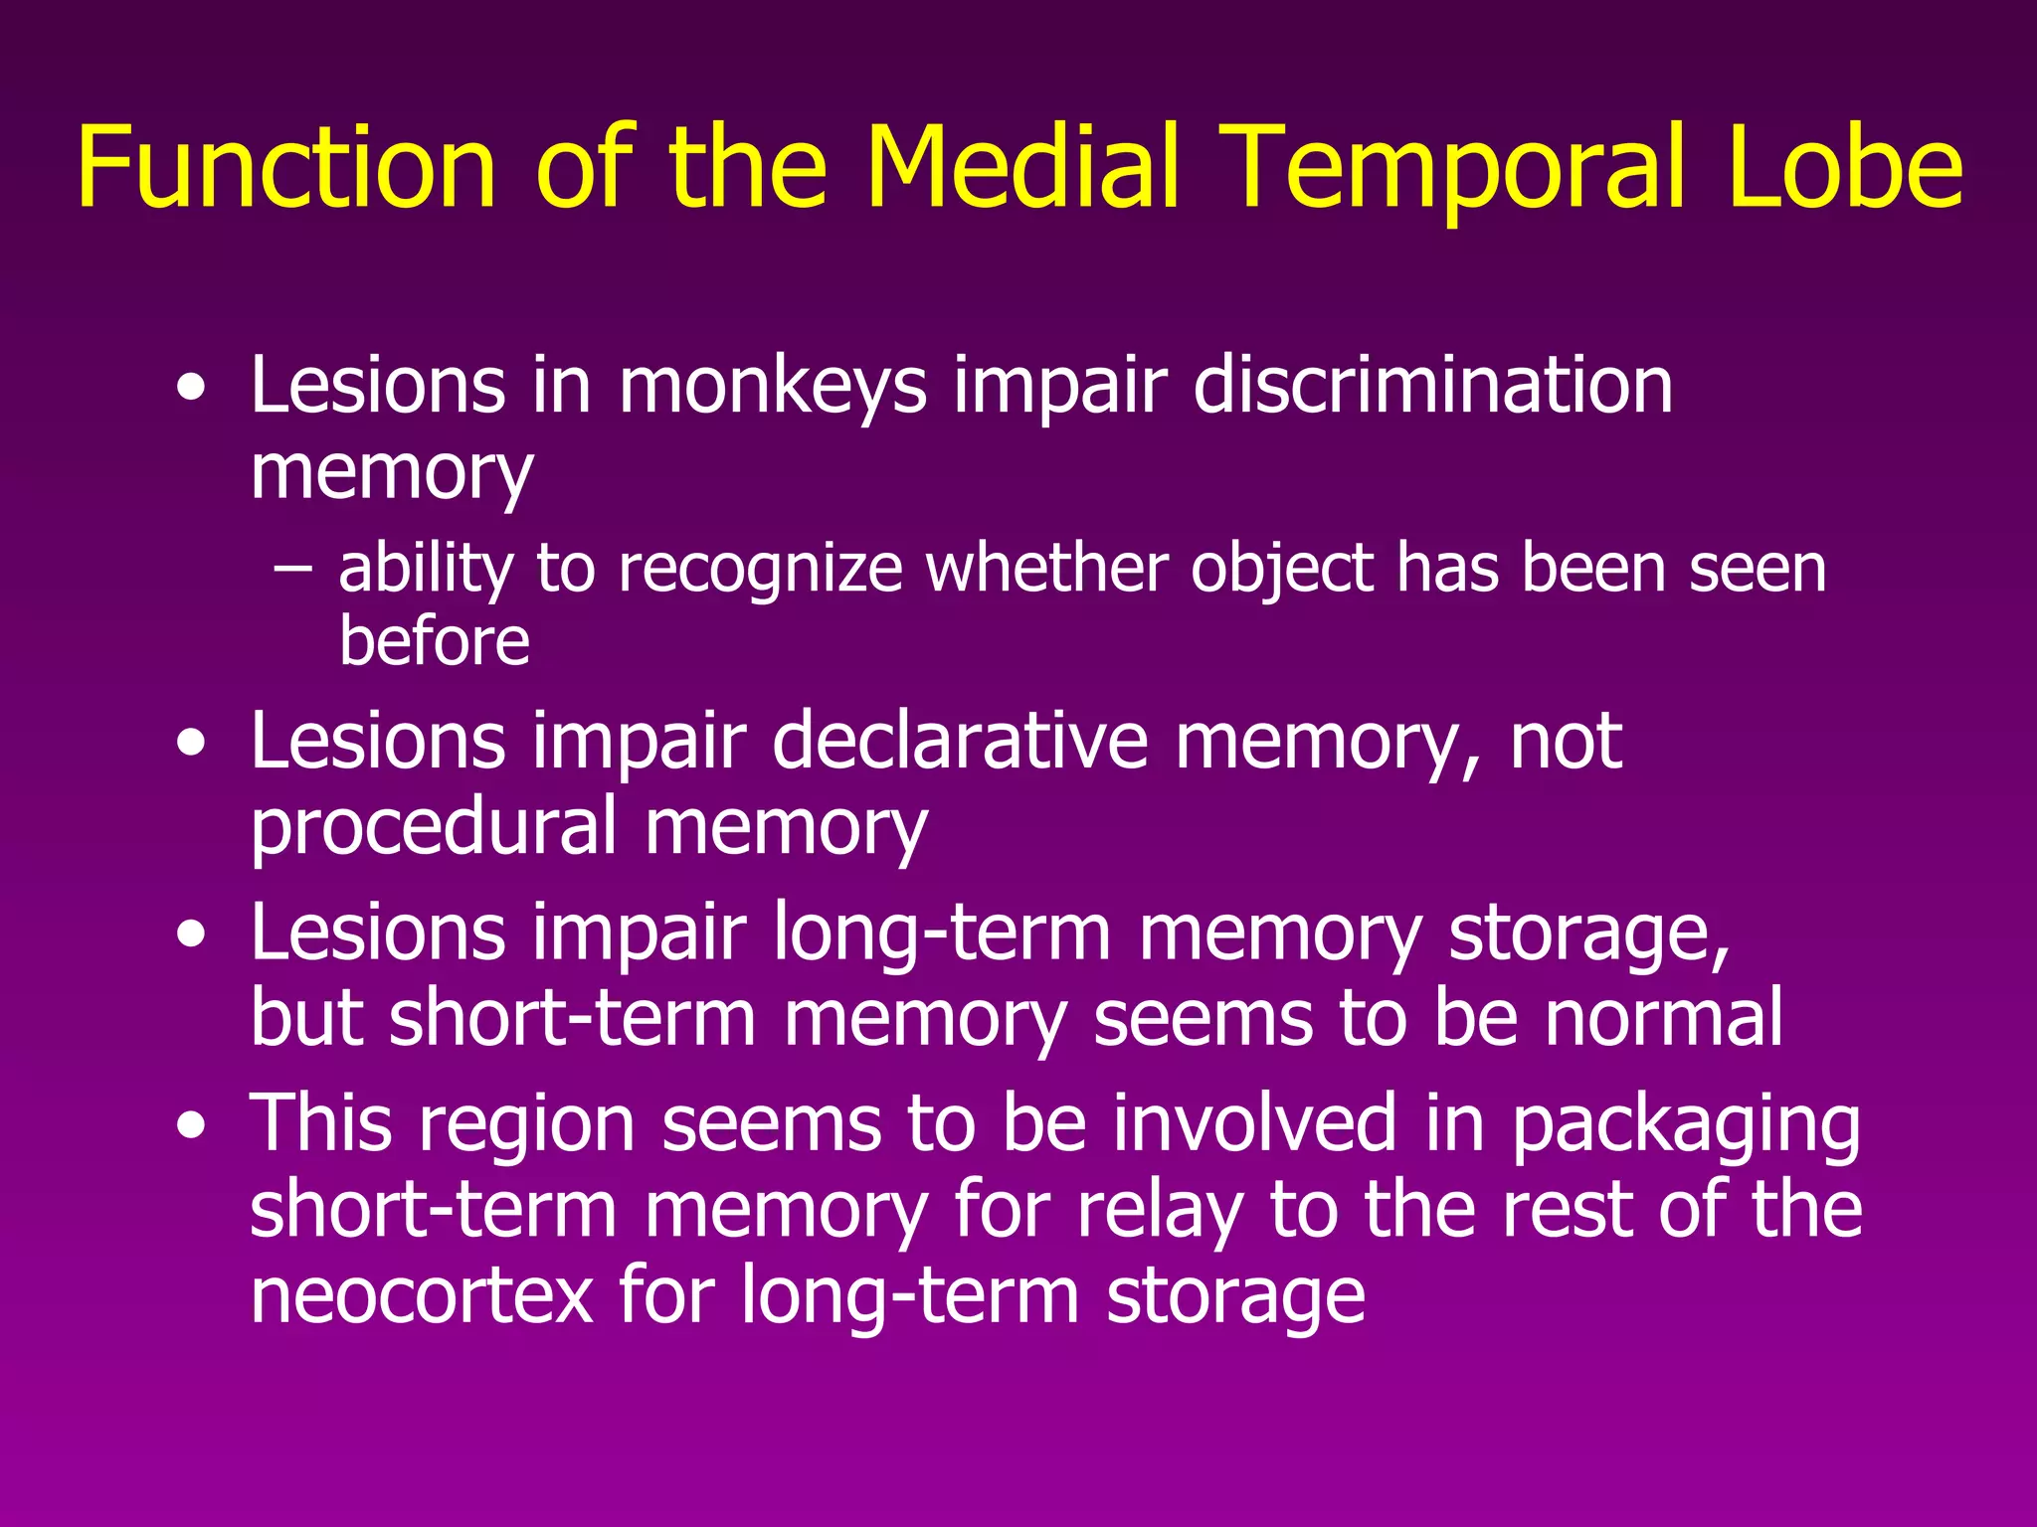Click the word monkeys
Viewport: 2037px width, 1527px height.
[x=773, y=388]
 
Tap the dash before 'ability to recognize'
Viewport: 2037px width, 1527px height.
[x=291, y=569]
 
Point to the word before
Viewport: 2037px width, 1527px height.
[x=435, y=641]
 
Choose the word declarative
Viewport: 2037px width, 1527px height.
[x=960, y=741]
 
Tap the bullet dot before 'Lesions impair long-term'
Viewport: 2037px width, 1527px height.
[x=191, y=934]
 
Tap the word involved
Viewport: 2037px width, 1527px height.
[x=1255, y=1123]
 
